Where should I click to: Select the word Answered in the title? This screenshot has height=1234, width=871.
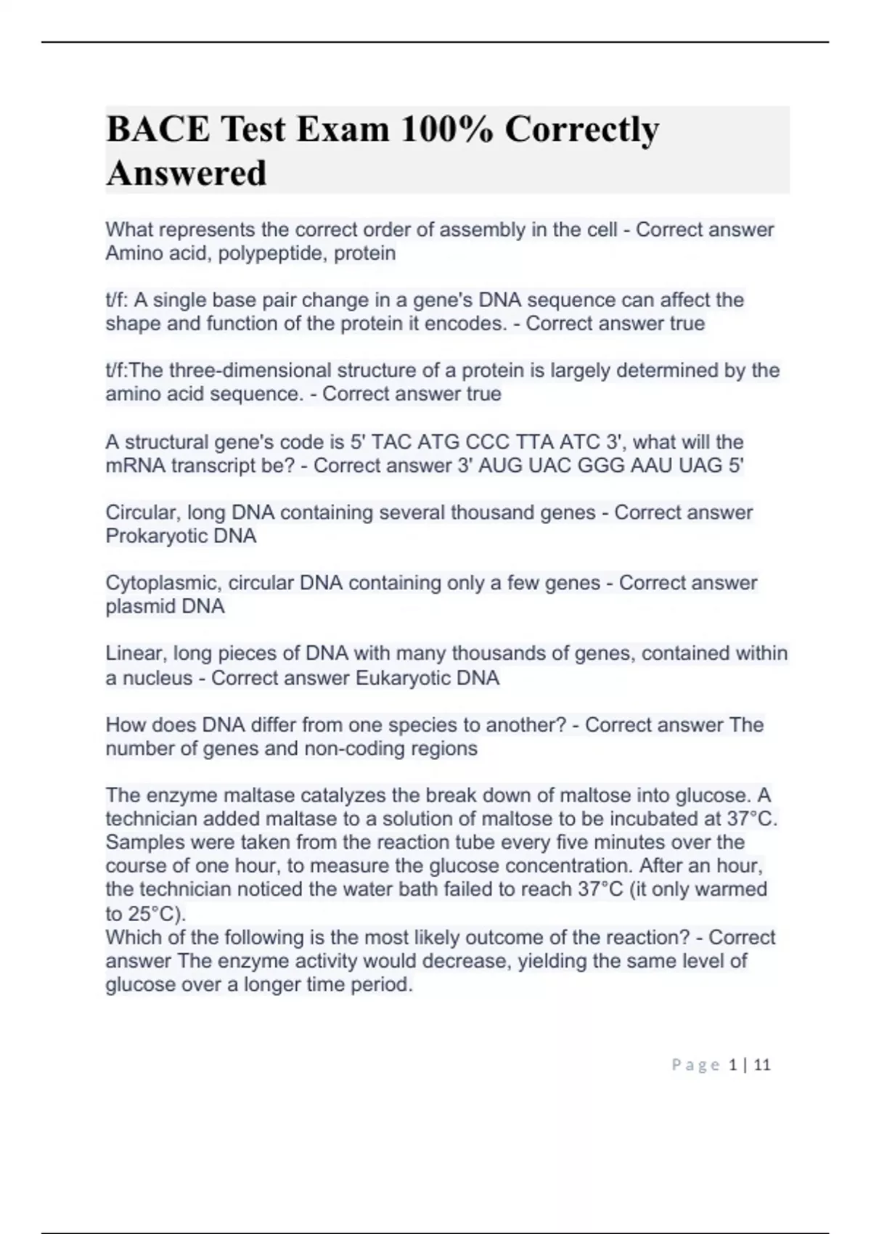187,173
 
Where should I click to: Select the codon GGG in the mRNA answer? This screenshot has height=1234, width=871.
601,465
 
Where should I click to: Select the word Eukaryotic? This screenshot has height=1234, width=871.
402,678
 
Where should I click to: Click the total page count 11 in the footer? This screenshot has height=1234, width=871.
762,1065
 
